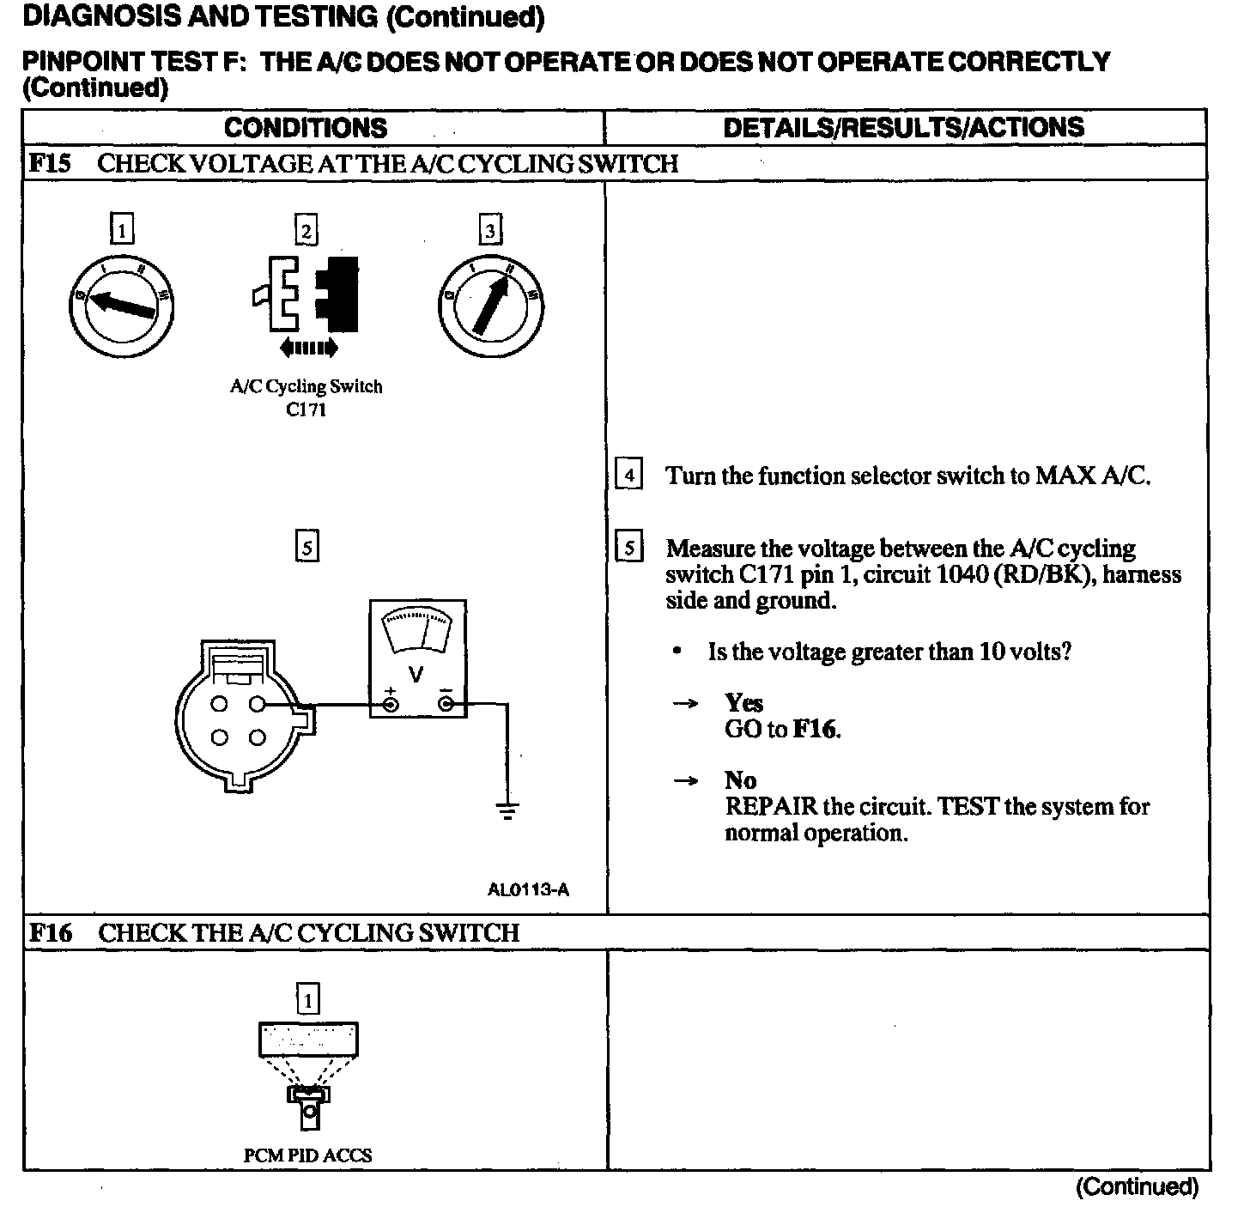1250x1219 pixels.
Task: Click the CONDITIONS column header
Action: click(x=306, y=128)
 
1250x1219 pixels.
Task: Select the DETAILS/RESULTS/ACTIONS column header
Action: click(x=903, y=128)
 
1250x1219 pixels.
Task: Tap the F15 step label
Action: click(x=50, y=163)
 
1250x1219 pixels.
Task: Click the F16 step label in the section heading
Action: click(x=51, y=932)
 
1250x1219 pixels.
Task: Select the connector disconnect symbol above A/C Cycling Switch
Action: click(x=307, y=294)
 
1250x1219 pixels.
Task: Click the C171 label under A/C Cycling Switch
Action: click(x=306, y=409)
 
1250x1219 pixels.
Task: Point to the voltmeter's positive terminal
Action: click(x=390, y=705)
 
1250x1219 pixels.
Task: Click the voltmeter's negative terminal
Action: click(x=446, y=705)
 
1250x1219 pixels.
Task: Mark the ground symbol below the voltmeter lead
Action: click(x=507, y=810)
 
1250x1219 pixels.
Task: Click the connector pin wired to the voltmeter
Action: click(x=257, y=705)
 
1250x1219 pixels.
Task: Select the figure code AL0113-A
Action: click(x=528, y=889)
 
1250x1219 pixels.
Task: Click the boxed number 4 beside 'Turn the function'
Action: click(x=629, y=475)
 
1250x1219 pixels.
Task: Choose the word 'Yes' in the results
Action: click(x=743, y=703)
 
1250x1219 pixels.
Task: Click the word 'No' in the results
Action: click(x=740, y=779)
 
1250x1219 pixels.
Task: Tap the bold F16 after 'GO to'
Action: click(x=815, y=730)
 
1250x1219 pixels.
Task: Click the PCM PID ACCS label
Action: click(x=307, y=1155)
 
